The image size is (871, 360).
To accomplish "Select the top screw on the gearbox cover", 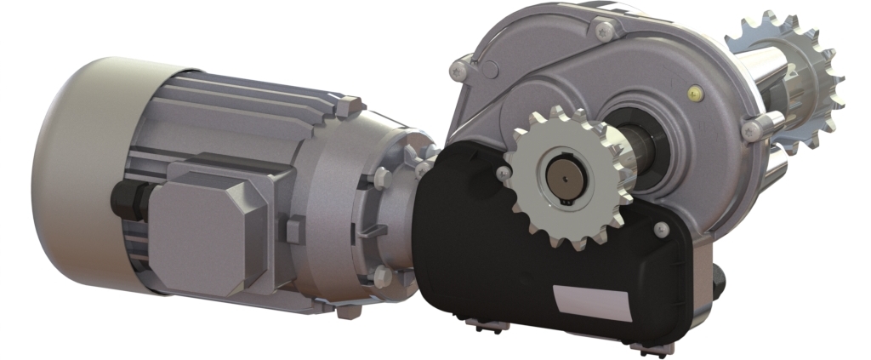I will coord(605,31).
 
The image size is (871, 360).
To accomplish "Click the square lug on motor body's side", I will coord(294,230).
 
